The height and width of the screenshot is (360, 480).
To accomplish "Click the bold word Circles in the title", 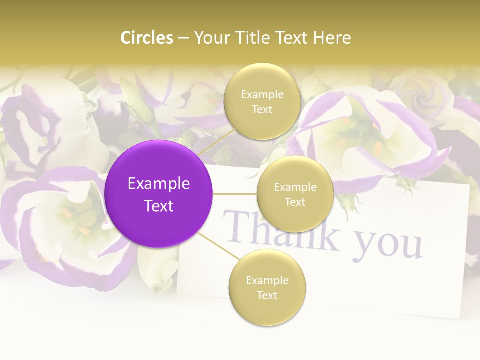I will tap(147, 38).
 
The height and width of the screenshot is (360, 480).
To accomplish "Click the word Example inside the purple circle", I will tap(159, 184).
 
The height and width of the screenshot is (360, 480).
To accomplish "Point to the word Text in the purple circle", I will tap(159, 206).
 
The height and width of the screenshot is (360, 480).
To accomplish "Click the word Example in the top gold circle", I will tap(262, 95).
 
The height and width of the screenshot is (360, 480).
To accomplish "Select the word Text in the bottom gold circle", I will tap(267, 295).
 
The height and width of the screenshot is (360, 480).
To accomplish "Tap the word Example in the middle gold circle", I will tap(295, 187).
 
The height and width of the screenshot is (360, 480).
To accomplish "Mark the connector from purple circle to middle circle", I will tap(235, 194).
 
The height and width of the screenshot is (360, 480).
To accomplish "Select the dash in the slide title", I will tap(183, 38).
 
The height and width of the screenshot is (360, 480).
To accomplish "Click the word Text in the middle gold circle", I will tap(295, 202).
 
